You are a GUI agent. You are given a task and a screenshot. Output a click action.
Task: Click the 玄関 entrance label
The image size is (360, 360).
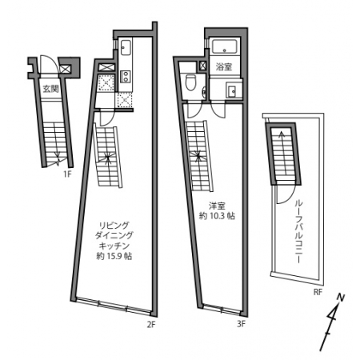[x=51, y=89]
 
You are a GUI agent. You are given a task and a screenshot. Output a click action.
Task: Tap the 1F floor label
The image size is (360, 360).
[x=68, y=174]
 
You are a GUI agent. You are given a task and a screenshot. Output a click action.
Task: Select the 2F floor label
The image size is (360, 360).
[x=151, y=325]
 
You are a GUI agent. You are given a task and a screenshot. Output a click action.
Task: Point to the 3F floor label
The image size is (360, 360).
[x=241, y=324]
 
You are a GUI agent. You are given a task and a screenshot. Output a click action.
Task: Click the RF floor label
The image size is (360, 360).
[x=318, y=292]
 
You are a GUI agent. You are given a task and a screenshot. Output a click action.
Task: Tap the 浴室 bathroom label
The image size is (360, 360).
[x=224, y=66]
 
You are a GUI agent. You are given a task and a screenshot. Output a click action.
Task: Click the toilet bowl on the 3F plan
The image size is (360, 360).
[x=190, y=82]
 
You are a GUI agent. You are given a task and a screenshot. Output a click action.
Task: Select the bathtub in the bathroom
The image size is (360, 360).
[x=225, y=46]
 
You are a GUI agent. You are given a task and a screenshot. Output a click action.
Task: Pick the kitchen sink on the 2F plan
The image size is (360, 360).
[x=126, y=47]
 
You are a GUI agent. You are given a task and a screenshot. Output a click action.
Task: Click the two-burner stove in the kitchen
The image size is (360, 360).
[x=126, y=77]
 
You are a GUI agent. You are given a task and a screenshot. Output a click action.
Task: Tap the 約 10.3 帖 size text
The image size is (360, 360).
[x=217, y=216]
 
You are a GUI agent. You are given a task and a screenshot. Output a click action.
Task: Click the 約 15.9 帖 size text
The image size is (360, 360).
[x=114, y=256]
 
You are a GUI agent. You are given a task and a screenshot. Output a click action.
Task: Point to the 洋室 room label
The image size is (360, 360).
[x=217, y=206]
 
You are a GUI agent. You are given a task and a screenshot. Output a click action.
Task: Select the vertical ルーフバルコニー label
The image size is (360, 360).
[x=298, y=231]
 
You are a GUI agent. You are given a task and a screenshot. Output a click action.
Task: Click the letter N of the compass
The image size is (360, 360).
[x=340, y=298]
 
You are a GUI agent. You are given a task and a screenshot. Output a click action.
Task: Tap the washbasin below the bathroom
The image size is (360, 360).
[x=231, y=90]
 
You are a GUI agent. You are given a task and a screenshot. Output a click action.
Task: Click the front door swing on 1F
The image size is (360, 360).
[x=48, y=64]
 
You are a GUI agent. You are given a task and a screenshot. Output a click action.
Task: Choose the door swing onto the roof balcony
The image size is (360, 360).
[x=286, y=194]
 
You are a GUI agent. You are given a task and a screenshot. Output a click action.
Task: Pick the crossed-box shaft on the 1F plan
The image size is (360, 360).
[x=66, y=69]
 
